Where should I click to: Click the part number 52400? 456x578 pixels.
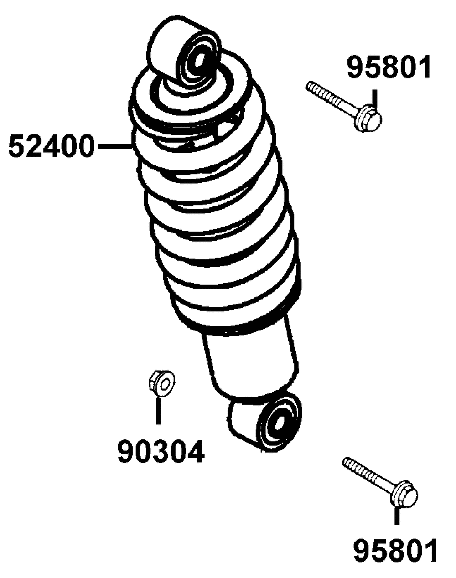click(52, 147)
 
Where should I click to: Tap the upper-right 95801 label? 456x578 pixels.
click(389, 67)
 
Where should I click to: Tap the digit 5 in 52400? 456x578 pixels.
click(17, 147)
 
